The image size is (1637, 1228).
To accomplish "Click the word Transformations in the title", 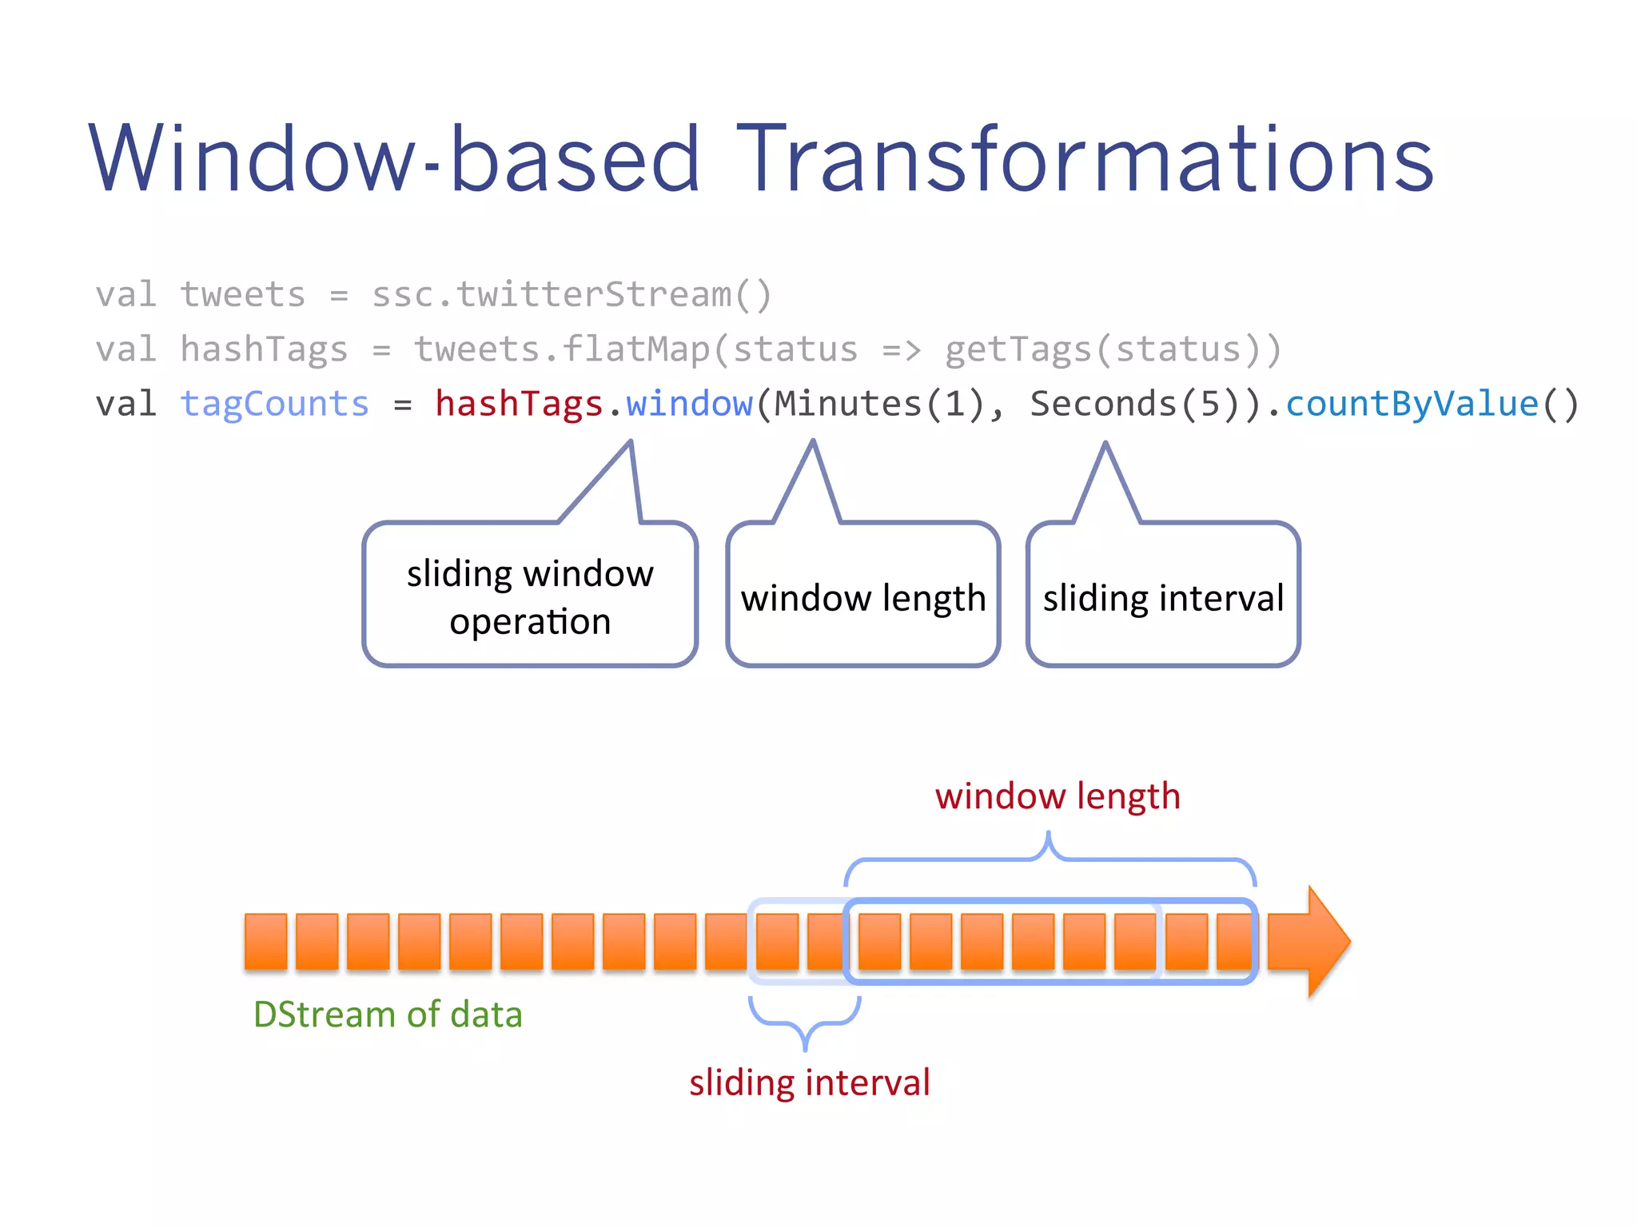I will (x=1084, y=160).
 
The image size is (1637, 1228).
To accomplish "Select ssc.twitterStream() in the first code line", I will (x=572, y=295).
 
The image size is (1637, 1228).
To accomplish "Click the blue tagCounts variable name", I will (x=274, y=404).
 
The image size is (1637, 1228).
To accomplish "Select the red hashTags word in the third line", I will (x=518, y=404).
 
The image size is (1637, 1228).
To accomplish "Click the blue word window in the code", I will (x=689, y=404).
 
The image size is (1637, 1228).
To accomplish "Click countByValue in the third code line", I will (x=1412, y=404).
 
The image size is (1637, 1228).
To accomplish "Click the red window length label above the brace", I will (x=1057, y=796).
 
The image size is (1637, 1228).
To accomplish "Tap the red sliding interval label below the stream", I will (x=810, y=1082).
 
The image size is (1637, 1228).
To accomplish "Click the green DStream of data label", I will (x=388, y=1015).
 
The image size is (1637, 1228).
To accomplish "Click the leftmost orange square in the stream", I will (x=265, y=941).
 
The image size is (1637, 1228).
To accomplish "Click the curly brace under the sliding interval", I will (x=805, y=1023).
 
